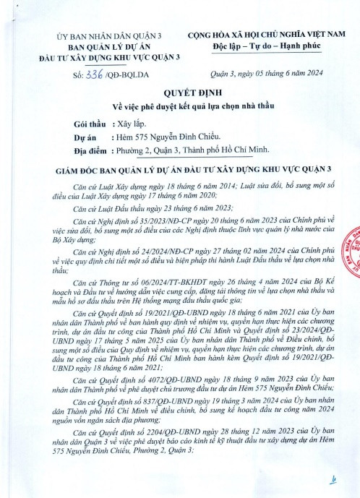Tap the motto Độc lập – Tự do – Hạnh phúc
tap(267, 46)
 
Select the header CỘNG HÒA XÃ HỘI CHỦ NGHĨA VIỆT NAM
tap(267, 35)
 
